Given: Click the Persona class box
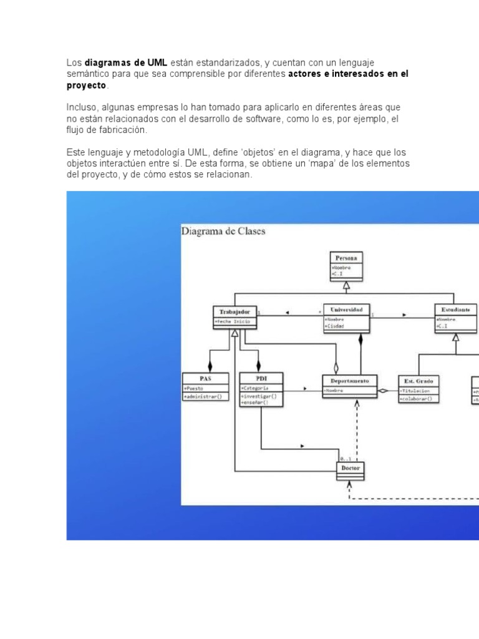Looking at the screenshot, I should tap(347, 265).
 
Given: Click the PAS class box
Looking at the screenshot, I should tap(206, 386).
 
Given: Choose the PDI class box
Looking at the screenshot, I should tap(261, 390).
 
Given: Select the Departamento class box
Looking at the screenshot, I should tap(349, 385).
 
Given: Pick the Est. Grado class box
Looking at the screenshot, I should tap(419, 388).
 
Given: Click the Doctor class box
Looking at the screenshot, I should tap(351, 471).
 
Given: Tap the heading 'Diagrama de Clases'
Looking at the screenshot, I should tap(223, 232).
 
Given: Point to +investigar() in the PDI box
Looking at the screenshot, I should tap(259, 396).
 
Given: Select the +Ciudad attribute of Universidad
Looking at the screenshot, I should tap(336, 326).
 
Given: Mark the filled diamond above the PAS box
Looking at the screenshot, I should tap(210, 364).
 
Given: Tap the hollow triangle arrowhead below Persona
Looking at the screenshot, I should tap(347, 286).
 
